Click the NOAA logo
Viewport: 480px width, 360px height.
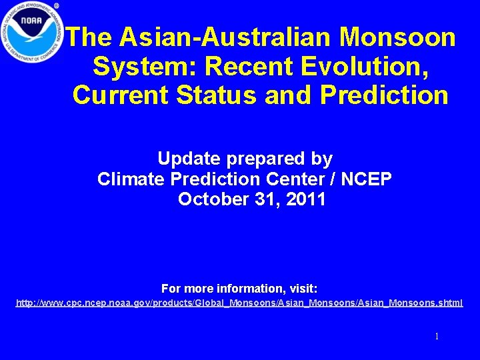32,32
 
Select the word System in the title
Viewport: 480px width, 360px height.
144,66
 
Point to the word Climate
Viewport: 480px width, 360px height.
130,179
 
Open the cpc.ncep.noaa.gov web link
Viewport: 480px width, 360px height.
239,303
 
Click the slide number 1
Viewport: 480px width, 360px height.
437,337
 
